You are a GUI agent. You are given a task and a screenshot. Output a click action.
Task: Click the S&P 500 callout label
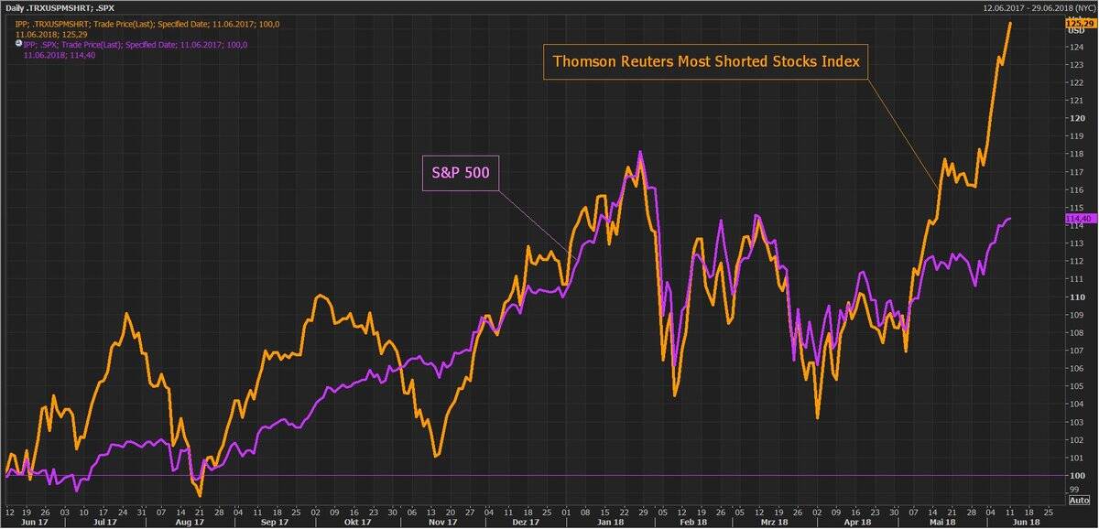(460, 172)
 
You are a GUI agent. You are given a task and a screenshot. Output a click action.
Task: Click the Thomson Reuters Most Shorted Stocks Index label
(705, 62)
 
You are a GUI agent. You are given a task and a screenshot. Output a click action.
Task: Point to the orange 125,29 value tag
(1078, 22)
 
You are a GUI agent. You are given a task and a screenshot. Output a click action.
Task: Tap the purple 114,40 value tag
(1078, 219)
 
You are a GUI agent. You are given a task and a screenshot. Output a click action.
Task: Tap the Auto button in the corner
(1080, 501)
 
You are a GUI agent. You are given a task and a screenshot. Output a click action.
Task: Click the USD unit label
(1076, 31)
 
